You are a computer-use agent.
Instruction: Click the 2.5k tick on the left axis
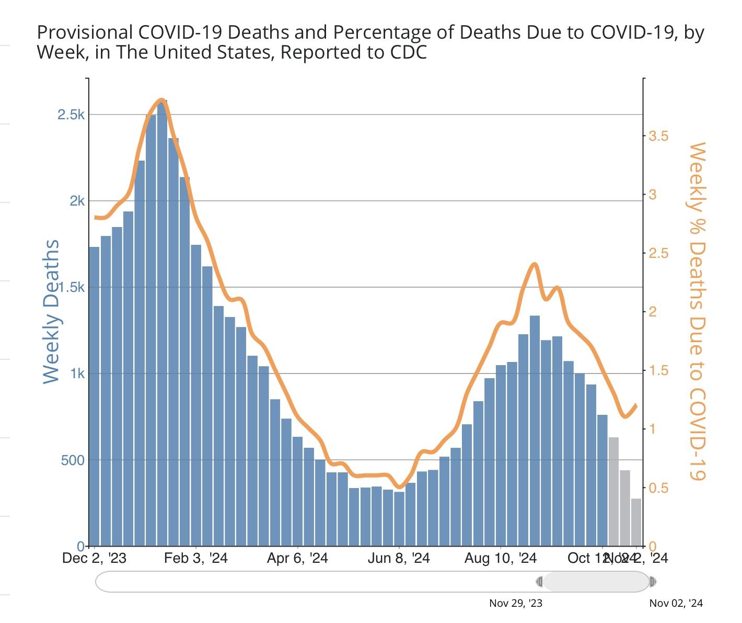click(71, 115)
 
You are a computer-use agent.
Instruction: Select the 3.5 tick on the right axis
click(658, 136)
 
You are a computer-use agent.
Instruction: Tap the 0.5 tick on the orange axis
click(658, 488)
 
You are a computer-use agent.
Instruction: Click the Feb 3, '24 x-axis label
click(195, 558)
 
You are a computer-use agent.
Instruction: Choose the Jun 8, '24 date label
click(398, 558)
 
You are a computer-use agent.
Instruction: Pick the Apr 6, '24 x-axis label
click(297, 558)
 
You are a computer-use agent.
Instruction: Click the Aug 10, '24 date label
click(501, 558)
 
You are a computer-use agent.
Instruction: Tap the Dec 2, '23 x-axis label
click(94, 558)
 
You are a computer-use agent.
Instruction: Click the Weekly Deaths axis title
click(51, 312)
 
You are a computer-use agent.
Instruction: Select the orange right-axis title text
click(697, 312)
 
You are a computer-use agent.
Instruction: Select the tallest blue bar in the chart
click(162, 324)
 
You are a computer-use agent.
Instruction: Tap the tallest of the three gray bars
click(613, 492)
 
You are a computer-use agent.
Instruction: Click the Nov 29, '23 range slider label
click(515, 603)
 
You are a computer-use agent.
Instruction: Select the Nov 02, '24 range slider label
click(676, 603)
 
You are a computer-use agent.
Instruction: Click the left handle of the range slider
click(540, 582)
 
